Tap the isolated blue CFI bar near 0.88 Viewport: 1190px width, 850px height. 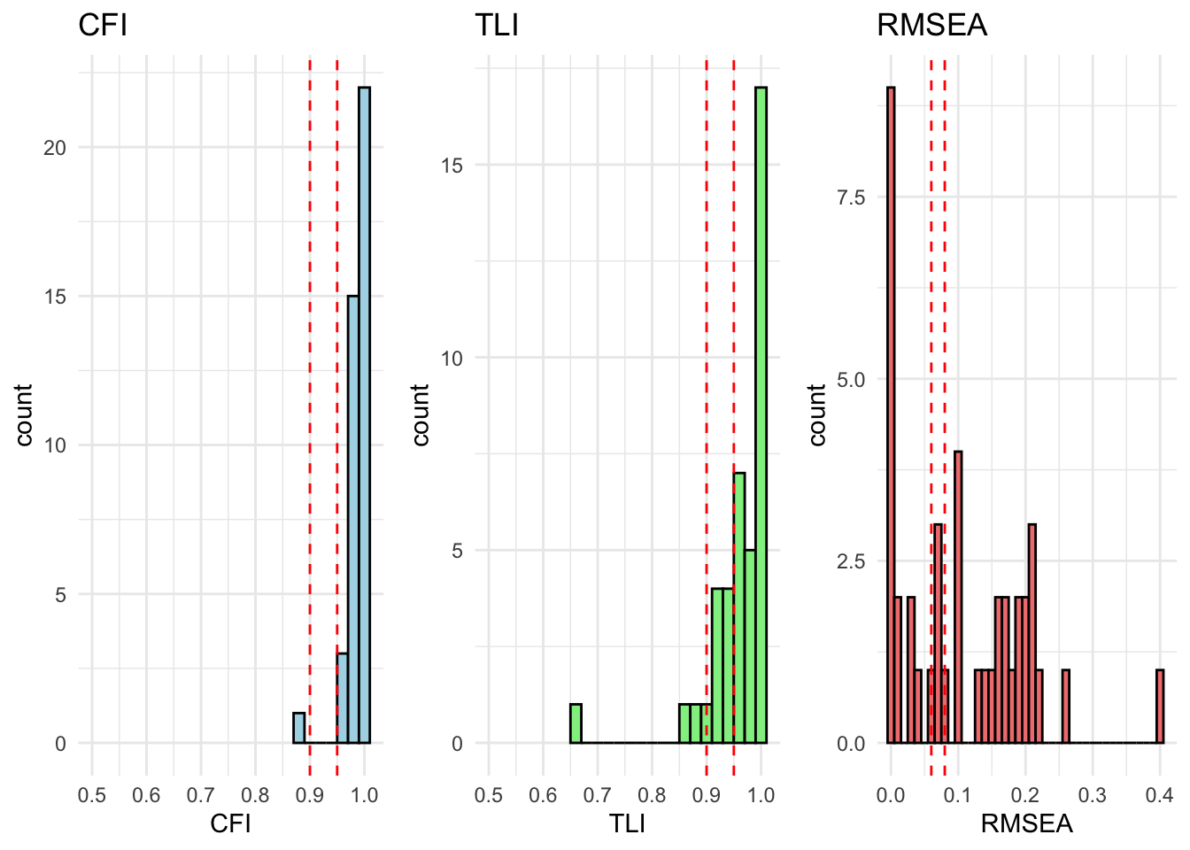[x=299, y=728]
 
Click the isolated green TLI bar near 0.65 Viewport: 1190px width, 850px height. [x=576, y=723]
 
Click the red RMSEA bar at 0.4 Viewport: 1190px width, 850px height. [x=1160, y=707]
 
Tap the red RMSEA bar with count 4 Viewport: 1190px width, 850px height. [x=958, y=597]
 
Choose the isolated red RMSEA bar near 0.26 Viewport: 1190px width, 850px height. [x=1066, y=707]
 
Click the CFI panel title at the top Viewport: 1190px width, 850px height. [x=103, y=25]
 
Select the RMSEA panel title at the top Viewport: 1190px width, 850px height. [x=931, y=25]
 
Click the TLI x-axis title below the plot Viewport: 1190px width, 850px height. [x=627, y=824]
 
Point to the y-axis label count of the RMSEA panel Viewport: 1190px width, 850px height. [x=817, y=414]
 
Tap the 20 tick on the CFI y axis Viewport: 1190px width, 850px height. [x=55, y=148]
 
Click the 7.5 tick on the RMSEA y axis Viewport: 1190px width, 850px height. [x=851, y=197]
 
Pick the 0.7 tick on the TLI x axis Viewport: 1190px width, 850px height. [x=598, y=795]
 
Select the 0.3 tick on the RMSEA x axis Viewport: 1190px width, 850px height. [x=1093, y=795]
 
